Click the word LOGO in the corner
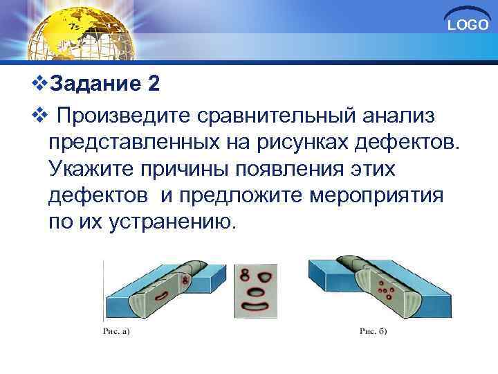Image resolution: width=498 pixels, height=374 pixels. (x=468, y=26)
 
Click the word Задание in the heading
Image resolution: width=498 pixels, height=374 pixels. (x=96, y=84)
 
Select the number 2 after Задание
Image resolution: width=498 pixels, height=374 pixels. (x=153, y=84)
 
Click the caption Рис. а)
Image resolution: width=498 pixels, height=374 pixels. (x=116, y=331)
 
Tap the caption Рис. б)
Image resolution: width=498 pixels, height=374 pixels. (x=373, y=331)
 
